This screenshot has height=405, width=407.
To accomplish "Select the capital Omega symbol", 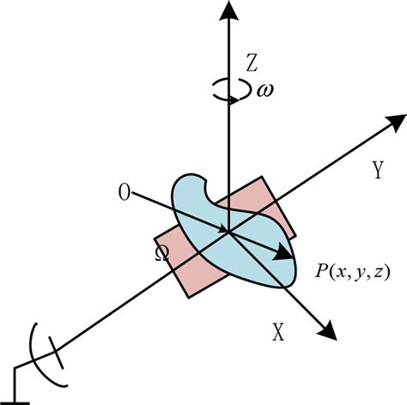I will pos(161,254).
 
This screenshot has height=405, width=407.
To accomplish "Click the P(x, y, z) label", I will pos(352,272).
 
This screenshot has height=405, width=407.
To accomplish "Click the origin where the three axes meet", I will pos(228,230).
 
